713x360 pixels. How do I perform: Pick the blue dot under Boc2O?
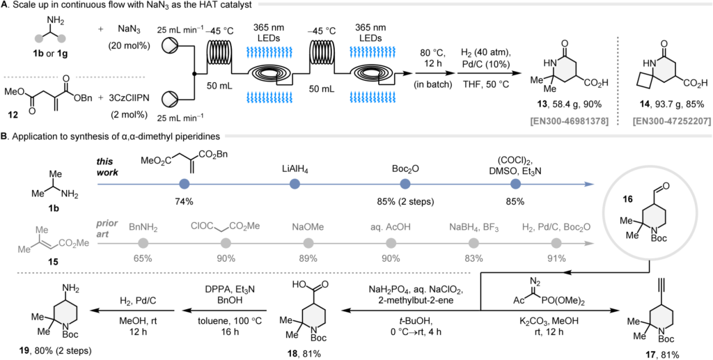point(405,184)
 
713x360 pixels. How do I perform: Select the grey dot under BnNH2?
point(143,244)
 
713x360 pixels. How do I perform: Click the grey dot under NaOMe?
point(308,244)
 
